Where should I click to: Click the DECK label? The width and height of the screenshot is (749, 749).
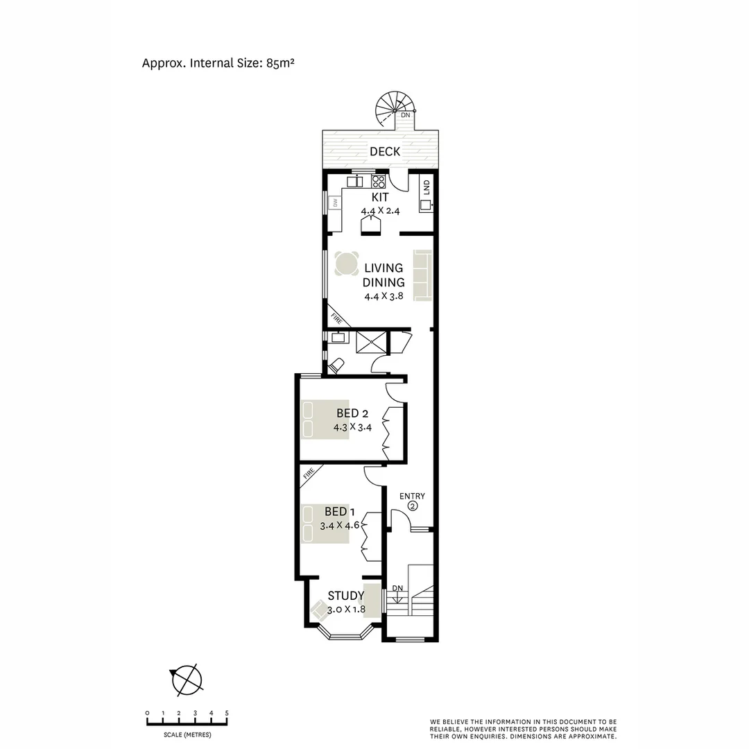(384, 151)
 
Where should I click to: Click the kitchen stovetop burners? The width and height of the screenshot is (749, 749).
(379, 182)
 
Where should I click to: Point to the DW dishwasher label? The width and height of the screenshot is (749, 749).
(335, 203)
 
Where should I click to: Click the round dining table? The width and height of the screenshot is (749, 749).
(346, 264)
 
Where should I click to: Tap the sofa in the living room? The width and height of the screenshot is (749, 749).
(423, 275)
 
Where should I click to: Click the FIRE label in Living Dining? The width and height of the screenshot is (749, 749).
(337, 318)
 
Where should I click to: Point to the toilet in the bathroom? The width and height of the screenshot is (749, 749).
(337, 364)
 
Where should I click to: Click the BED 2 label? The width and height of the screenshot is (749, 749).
(352, 414)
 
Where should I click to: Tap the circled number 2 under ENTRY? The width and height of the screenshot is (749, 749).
(413, 507)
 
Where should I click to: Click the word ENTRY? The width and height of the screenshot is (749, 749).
(413, 496)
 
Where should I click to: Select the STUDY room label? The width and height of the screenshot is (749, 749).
(345, 596)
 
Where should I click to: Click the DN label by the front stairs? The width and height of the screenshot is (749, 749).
(397, 589)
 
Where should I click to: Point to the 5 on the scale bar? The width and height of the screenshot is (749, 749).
(227, 713)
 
